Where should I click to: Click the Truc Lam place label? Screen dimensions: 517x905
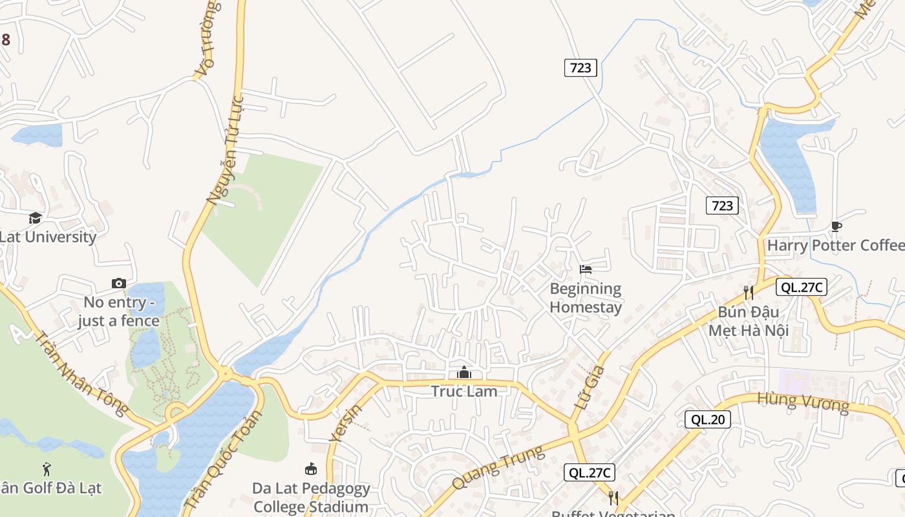tap(464, 391)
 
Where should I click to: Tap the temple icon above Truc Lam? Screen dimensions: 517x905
tap(464, 373)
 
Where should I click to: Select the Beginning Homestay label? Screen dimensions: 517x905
tap(586, 298)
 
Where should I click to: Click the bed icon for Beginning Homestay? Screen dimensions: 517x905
tap(586, 269)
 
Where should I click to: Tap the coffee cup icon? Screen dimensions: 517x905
tap(836, 226)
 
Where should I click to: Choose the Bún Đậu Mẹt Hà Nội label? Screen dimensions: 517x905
tap(749, 321)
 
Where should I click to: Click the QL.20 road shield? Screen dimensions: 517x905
tap(708, 419)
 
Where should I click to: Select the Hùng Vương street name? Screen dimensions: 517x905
tap(803, 401)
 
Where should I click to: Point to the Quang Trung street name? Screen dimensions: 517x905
tap(498, 468)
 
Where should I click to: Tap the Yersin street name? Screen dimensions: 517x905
tap(346, 423)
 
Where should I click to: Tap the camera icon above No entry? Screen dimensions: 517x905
tap(118, 283)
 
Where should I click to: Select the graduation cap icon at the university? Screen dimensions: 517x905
tap(35, 218)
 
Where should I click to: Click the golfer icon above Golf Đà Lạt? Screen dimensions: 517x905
tap(46, 469)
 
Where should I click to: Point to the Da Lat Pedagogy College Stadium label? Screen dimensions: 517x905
tap(311, 497)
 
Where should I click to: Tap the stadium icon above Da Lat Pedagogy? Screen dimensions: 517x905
tap(311, 469)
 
